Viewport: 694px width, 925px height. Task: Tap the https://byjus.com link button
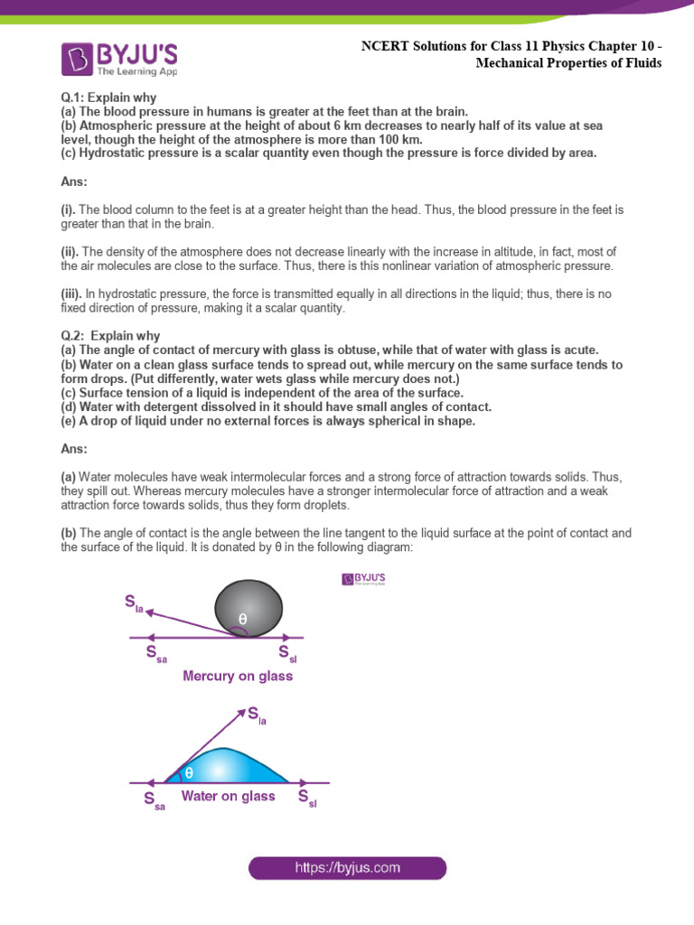click(348, 868)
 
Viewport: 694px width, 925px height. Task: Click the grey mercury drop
click(248, 607)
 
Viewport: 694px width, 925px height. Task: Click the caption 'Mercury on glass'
click(238, 676)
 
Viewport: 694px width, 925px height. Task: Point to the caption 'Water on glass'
click(228, 796)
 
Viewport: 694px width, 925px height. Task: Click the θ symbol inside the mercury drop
click(242, 619)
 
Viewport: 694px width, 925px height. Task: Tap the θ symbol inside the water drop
click(189, 772)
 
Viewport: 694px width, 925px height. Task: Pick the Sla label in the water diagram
click(258, 716)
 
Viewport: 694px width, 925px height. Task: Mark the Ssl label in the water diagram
click(307, 799)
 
